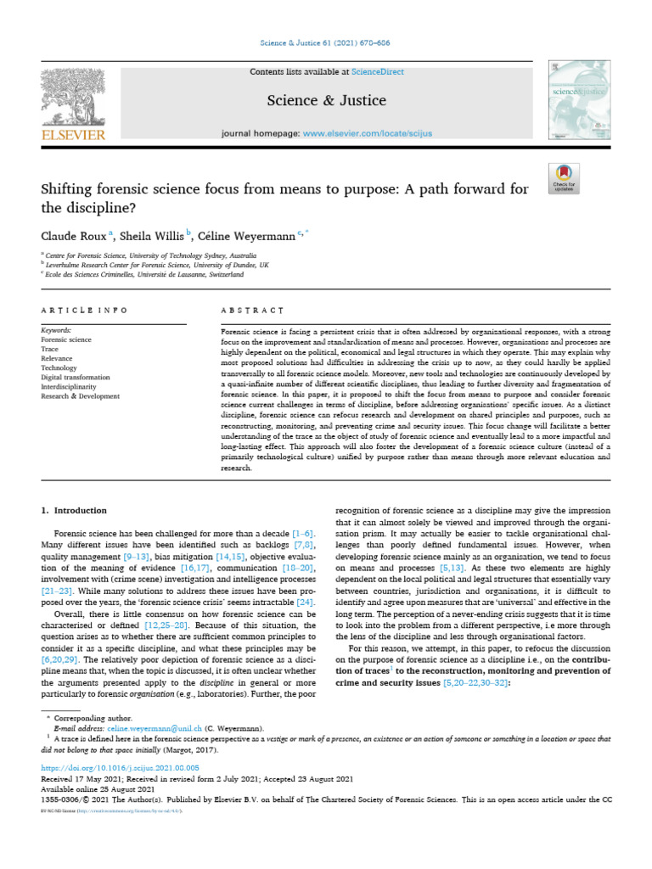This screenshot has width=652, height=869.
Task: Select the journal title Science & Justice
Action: (x=326, y=101)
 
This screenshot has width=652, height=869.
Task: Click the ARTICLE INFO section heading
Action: (x=84, y=311)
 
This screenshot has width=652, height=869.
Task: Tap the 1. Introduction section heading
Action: (x=75, y=511)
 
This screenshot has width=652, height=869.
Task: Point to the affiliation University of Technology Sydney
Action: (x=179, y=254)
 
